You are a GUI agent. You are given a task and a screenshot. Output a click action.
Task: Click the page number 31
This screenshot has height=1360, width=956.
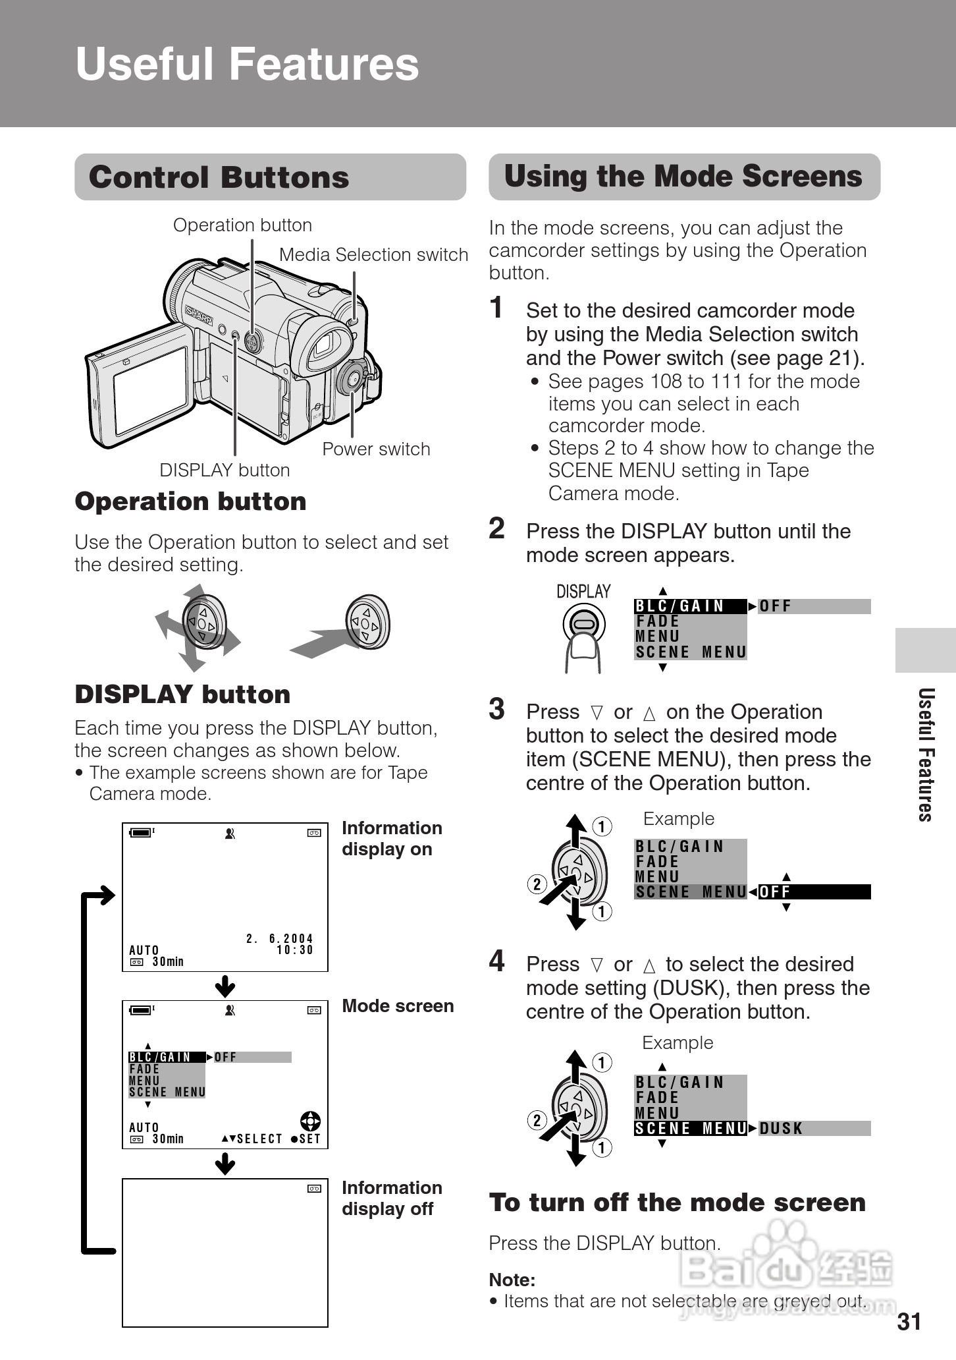(909, 1322)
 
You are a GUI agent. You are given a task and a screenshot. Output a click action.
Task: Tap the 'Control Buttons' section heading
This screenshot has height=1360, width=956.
(219, 177)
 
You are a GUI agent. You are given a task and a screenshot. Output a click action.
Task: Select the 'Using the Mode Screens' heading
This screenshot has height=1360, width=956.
(683, 177)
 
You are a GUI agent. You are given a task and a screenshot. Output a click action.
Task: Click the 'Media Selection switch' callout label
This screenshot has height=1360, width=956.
(373, 254)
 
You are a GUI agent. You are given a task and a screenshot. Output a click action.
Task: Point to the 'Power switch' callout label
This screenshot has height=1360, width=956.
(376, 449)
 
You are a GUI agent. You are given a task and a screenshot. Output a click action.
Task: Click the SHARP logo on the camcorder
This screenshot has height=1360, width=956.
(199, 315)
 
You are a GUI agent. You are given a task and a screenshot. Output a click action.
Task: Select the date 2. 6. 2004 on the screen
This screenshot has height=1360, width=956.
(280, 938)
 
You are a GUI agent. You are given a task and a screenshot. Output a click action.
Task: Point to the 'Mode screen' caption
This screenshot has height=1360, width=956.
(398, 1006)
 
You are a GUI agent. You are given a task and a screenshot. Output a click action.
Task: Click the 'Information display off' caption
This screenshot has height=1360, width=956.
(391, 1198)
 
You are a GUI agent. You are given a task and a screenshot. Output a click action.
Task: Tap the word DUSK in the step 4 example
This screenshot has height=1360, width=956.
(781, 1129)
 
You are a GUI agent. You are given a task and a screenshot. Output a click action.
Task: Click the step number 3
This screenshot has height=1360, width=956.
(497, 710)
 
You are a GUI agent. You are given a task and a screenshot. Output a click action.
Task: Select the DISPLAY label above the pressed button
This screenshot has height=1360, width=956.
(583, 591)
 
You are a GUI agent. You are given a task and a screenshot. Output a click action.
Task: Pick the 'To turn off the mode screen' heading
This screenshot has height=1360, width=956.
(677, 1203)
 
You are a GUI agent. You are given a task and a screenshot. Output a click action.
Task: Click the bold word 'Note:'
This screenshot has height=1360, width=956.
(512, 1280)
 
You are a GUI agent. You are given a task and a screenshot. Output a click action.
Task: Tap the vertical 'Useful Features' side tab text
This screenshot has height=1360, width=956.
(926, 754)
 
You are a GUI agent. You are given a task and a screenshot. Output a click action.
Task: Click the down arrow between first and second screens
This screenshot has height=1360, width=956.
(225, 986)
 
